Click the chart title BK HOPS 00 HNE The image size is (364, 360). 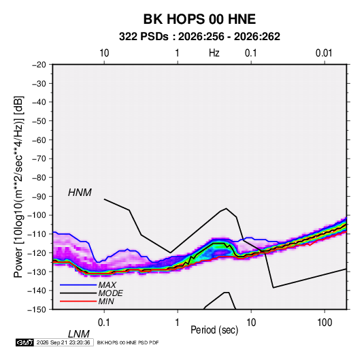199,19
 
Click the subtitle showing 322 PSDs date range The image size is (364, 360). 199,37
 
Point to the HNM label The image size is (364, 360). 80,193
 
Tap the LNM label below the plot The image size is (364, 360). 79,334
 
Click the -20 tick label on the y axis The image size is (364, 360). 39,65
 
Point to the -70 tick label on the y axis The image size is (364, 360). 39,159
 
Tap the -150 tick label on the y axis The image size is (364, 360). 37,310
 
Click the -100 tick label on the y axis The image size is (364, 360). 37,215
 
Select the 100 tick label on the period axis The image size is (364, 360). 325,323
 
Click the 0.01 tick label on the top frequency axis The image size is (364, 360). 324,53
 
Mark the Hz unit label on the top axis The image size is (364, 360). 214,53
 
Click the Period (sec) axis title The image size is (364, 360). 214,330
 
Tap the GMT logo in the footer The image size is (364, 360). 25,342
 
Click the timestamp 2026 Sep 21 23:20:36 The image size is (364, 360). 63,342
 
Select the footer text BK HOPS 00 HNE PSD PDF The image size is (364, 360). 128,342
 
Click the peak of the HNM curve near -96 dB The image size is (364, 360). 226,208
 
